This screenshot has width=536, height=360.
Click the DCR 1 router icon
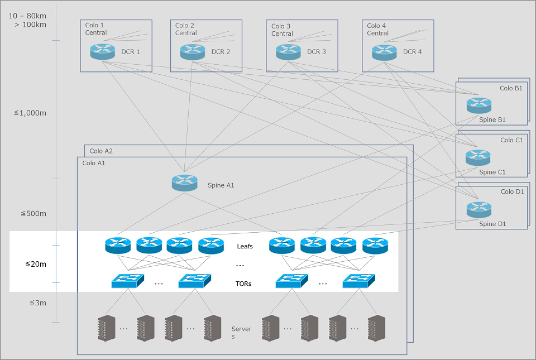[x=102, y=52]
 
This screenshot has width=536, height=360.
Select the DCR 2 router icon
[x=193, y=52]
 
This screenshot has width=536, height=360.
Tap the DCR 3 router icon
[x=288, y=52]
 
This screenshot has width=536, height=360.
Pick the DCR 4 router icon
[x=384, y=52]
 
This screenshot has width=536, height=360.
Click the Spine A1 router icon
[x=184, y=183]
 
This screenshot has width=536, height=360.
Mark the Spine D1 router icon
[x=478, y=209]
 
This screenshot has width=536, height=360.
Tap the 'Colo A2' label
[x=101, y=151]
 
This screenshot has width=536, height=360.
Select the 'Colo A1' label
[x=94, y=163]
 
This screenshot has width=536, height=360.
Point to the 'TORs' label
[x=243, y=284]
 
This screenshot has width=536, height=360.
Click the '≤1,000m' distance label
[x=30, y=113]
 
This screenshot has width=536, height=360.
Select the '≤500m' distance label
[x=33, y=214]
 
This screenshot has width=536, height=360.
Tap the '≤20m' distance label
[x=36, y=264]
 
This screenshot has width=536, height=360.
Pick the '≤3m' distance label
[x=37, y=303]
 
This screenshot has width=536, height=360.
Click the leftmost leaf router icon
[x=117, y=245]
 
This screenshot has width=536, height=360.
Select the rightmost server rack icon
[x=376, y=328]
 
